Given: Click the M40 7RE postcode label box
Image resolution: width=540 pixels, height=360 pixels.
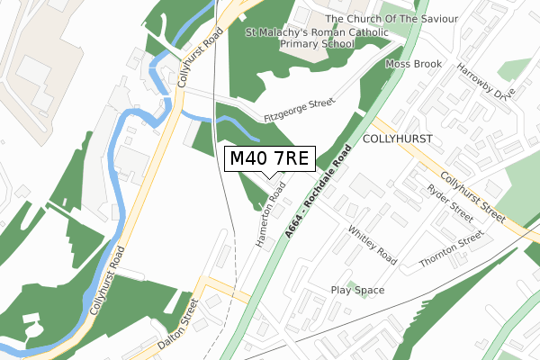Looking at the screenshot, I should point(269,159).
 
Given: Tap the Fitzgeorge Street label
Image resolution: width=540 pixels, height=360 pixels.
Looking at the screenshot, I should point(300,111).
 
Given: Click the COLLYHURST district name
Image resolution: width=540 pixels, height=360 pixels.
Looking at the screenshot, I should point(397,139).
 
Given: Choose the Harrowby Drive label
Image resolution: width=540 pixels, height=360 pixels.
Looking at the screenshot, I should point(485,81).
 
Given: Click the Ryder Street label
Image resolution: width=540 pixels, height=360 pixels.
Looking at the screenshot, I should point(450,204).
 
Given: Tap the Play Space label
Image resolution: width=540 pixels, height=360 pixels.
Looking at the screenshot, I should point(357,291).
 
